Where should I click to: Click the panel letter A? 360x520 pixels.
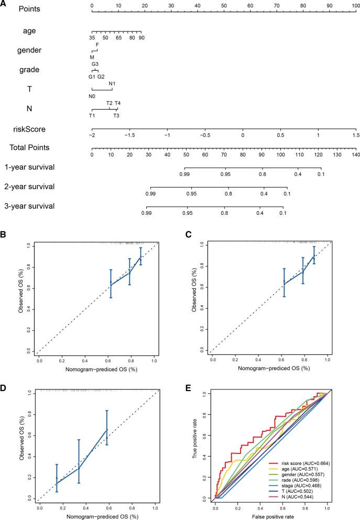(4, 4)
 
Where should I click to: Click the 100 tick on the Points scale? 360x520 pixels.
(355, 6)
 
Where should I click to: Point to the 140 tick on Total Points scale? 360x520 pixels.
(356, 155)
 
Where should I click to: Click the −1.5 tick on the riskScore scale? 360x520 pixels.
(129, 135)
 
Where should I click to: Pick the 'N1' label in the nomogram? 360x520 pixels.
(112, 83)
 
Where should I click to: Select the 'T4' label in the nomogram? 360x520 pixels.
(118, 103)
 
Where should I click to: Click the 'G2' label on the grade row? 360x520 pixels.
(101, 77)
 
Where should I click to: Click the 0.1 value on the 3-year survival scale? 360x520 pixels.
(282, 213)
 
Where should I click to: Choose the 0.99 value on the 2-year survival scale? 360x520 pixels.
(151, 194)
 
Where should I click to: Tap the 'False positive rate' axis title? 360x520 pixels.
(271, 516)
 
